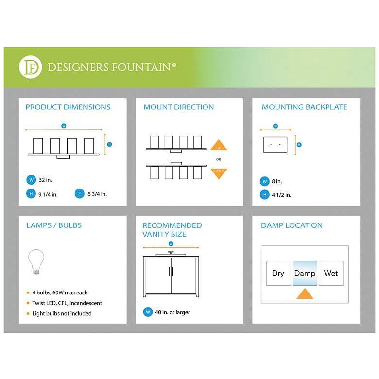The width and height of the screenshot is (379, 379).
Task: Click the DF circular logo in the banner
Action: [31, 67]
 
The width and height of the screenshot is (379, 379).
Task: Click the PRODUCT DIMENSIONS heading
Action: [68, 107]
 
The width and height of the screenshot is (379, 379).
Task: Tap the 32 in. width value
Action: [45, 180]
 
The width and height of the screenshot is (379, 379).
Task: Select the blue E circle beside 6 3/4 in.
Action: [80, 194]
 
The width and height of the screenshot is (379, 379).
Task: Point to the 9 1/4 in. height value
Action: [48, 194]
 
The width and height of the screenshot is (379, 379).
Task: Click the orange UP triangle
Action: [219, 145]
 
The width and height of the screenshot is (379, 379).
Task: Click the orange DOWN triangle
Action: [219, 173]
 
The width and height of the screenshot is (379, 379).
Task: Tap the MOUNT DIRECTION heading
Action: [179, 107]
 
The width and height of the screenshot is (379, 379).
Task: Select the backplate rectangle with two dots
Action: [276, 144]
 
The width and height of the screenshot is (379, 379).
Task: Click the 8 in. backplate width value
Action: [277, 181]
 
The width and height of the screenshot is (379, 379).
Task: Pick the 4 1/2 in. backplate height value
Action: [281, 195]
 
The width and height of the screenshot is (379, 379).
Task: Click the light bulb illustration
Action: [36, 262]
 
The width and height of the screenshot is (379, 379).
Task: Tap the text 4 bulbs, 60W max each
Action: [60, 293]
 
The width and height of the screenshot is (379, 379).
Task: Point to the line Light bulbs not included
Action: [62, 313]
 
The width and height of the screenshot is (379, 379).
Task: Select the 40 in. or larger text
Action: [172, 312]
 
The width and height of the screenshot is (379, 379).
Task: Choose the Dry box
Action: [278, 273]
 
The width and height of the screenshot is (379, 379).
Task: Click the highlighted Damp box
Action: [305, 273]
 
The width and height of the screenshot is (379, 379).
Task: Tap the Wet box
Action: [331, 273]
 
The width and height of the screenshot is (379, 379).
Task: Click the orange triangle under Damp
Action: [305, 294]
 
